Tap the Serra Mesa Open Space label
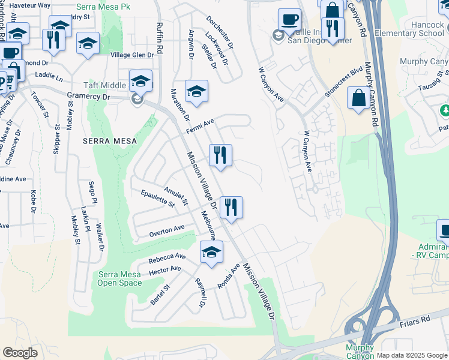pyautogui.click(x=119, y=278)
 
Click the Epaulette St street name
pyautogui.click(x=157, y=199)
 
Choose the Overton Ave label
pyautogui.click(x=167, y=229)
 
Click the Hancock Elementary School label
pyautogui.click(x=409, y=29)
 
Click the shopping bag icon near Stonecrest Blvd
pyautogui.click(x=358, y=97)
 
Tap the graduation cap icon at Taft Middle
pyautogui.click(x=141, y=80)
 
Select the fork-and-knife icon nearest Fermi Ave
pyautogui.click(x=220, y=155)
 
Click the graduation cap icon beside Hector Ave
pyautogui.click(x=211, y=252)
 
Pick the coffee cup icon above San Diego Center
pyautogui.click(x=289, y=19)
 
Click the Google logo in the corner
pyautogui.click(x=20, y=353)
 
